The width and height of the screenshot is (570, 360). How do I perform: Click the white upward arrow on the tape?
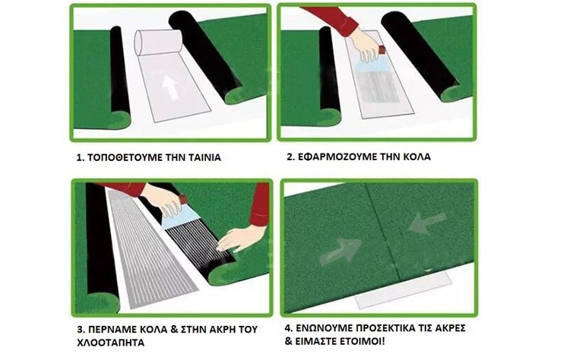tap(170, 87)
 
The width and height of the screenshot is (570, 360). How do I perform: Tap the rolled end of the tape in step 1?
tap(158, 42)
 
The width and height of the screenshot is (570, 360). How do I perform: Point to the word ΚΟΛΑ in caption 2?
tap(416, 157)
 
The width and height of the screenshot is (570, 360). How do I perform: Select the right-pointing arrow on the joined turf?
tap(341, 250)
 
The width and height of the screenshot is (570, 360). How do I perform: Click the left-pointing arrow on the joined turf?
tap(427, 223)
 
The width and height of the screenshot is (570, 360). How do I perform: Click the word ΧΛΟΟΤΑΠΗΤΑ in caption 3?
tap(110, 343)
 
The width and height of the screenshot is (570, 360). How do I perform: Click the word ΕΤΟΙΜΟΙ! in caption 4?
tap(362, 342)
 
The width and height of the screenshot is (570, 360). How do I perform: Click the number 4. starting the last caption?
tap(289, 328)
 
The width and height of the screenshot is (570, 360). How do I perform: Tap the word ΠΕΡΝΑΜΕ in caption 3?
tap(112, 330)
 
